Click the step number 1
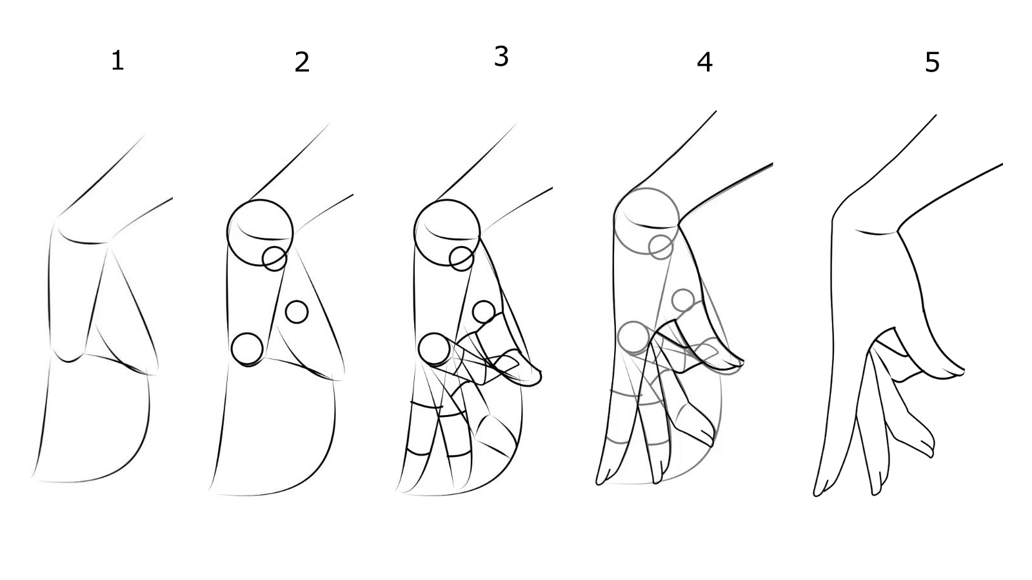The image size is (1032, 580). (117, 61)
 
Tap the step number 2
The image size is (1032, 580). (302, 62)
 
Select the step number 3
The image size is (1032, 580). (501, 57)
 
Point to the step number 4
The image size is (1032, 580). (704, 62)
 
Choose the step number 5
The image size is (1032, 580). (932, 63)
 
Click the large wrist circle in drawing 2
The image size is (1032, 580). (260, 200)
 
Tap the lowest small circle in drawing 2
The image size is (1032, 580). (247, 334)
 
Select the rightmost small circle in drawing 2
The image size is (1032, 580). (297, 302)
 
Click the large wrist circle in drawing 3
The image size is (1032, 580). (447, 200)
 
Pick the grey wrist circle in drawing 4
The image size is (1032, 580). (646, 188)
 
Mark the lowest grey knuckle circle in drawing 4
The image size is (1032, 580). (634, 322)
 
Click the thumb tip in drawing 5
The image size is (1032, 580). (963, 371)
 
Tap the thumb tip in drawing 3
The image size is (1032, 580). (539, 378)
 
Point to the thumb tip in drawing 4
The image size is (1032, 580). (741, 363)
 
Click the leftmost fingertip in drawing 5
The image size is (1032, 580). (817, 494)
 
